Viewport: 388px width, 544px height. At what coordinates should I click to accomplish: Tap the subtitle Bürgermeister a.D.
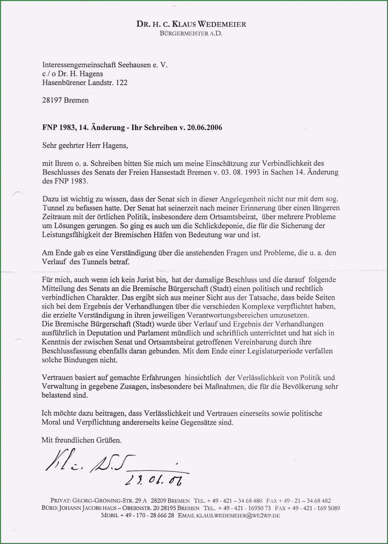click(x=191, y=34)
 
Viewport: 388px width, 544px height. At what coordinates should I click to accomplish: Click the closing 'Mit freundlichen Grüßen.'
click(x=82, y=440)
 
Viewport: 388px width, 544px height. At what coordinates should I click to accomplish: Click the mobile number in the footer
click(x=138, y=515)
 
